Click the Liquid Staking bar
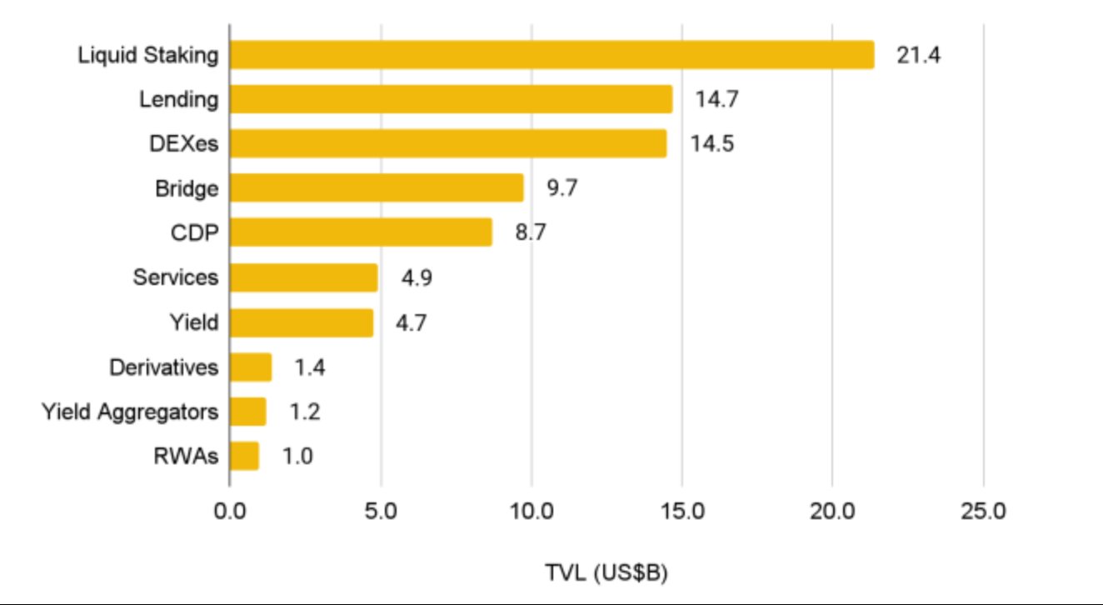551,55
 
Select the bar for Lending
451,99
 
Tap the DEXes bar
447,143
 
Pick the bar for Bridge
377,187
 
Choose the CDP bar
361,232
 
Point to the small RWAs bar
244,456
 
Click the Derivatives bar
251,367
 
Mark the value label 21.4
919,56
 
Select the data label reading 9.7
561,188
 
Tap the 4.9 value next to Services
416,277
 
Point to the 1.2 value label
304,412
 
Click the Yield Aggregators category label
130,412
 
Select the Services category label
175,277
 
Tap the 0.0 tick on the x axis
229,509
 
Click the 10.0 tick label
531,509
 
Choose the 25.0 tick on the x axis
983,509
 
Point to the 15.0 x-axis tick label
681,509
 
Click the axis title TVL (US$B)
606,572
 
